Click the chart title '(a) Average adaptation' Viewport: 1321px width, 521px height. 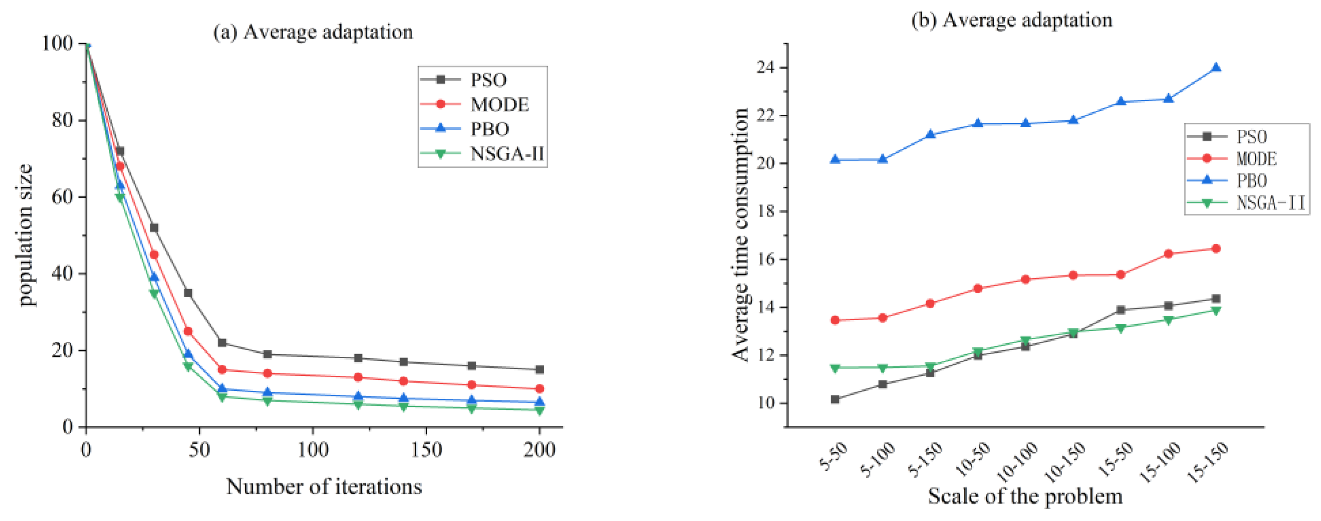pos(313,32)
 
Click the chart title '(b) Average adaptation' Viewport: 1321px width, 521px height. pos(1011,20)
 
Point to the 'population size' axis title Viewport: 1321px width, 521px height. pos(25,235)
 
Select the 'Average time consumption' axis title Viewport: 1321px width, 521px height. pos(740,235)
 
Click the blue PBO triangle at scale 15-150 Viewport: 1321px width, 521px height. pos(1215,68)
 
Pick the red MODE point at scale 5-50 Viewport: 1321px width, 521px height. pos(835,320)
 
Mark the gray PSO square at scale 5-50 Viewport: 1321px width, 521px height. pos(835,399)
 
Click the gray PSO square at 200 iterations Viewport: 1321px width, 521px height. pos(539,370)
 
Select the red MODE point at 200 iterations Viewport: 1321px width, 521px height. pos(539,388)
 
